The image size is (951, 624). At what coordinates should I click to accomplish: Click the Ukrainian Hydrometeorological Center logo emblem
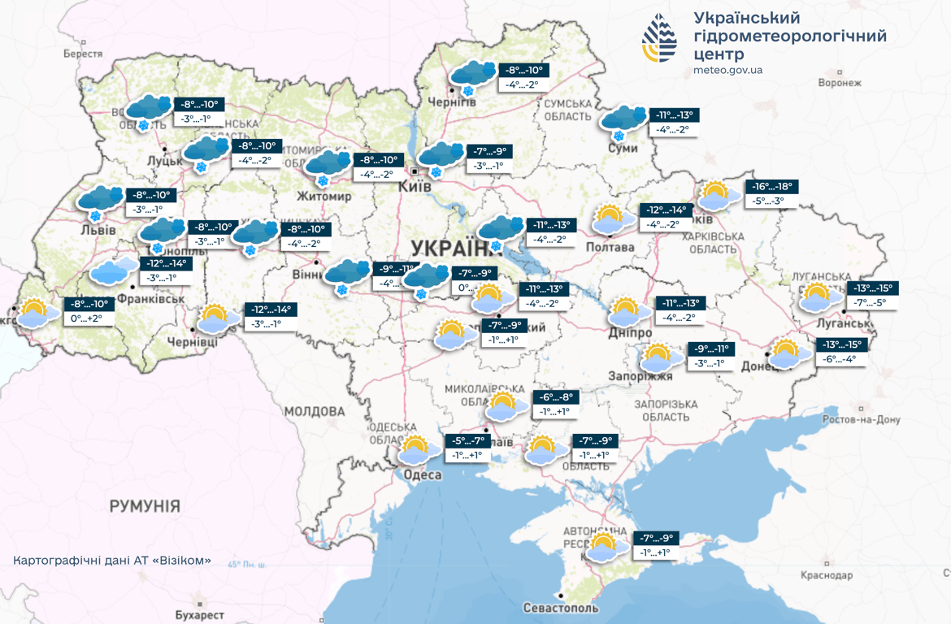pos(659,38)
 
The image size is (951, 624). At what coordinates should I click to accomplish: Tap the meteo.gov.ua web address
pos(727,71)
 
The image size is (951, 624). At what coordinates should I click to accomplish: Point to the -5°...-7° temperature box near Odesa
pos(469,441)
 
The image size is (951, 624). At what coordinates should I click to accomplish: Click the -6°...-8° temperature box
pos(556,397)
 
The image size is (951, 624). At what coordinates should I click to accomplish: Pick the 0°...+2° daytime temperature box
pos(86,318)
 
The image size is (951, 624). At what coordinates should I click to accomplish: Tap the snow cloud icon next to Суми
pos(623,122)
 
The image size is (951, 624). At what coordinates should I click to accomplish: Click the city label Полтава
pos(610,247)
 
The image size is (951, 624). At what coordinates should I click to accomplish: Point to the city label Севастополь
pos(561,608)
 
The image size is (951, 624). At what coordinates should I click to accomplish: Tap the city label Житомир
pos(324,197)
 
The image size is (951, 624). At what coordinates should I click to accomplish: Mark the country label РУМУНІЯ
pos(145,506)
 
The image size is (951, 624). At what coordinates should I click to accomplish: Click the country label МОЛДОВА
pos(315,411)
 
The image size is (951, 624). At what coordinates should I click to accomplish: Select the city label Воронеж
pos(840,83)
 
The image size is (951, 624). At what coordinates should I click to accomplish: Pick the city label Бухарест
pos(199,615)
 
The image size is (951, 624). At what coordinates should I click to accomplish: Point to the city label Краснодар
pos(826,575)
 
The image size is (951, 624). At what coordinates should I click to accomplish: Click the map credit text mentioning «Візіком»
pos(112,561)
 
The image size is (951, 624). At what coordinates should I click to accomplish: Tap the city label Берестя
pos(84,54)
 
